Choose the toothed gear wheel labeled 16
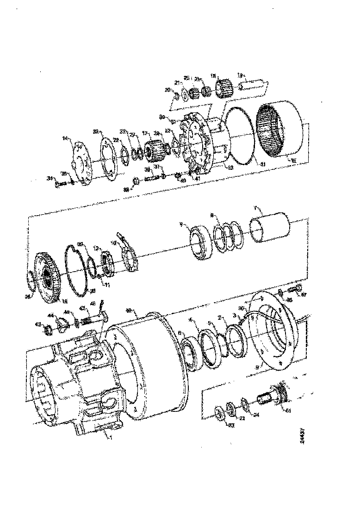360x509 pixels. pyautogui.click(x=47, y=278)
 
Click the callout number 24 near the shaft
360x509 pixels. pyautogui.click(x=255, y=415)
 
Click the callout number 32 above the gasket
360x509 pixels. pyautogui.click(x=95, y=132)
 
